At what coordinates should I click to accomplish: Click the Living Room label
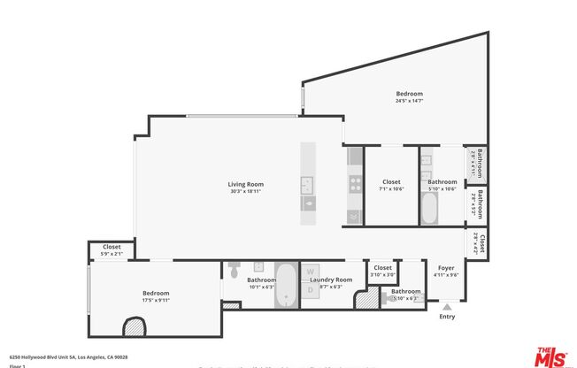(x=246, y=184)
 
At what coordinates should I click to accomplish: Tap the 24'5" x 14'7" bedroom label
(x=409, y=94)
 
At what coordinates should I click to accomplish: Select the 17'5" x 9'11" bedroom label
(x=156, y=293)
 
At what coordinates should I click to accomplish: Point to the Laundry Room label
(x=335, y=280)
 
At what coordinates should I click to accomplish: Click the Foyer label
(x=446, y=267)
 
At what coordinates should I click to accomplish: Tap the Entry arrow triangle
(x=447, y=307)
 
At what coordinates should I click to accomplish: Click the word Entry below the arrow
(x=447, y=317)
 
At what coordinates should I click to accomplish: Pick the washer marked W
(x=310, y=273)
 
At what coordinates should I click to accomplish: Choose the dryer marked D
(x=310, y=289)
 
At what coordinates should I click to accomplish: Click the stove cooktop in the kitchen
(x=354, y=185)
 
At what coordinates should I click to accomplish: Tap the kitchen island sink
(x=307, y=184)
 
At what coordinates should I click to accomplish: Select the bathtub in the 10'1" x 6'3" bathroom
(x=287, y=285)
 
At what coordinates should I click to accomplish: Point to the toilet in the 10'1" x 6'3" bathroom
(x=234, y=271)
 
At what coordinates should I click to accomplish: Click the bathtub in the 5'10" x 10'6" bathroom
(x=430, y=209)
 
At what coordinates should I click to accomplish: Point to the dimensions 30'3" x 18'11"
(x=246, y=191)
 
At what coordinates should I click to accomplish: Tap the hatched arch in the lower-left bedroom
(x=133, y=327)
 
